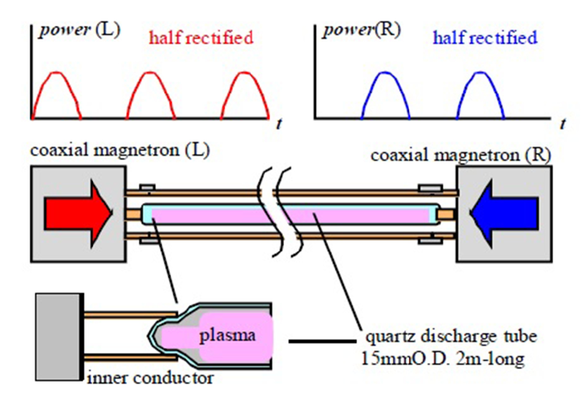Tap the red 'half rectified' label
tap(201, 38)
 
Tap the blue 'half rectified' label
tap(484, 38)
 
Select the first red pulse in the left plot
tap(56, 95)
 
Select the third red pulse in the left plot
tap(246, 95)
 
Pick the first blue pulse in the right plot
tap(386, 95)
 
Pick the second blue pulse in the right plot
tap(481, 95)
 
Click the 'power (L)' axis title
tap(79, 30)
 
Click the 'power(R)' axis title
tap(362, 30)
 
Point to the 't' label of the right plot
tap(562, 125)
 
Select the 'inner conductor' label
tap(149, 377)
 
